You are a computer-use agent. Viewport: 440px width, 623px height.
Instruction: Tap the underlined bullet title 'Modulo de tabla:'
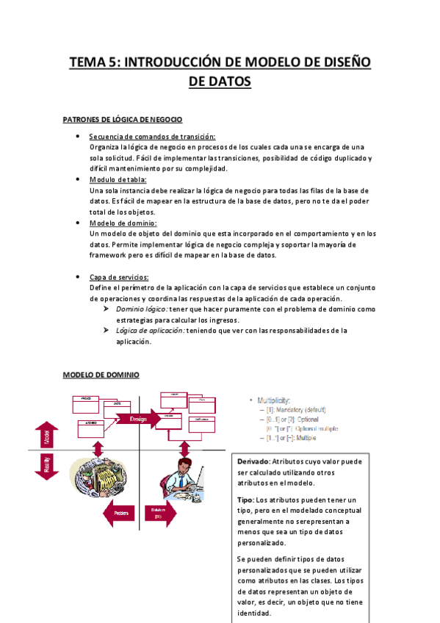coord(118,179)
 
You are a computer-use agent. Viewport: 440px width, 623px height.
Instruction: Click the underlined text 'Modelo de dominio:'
coord(123,223)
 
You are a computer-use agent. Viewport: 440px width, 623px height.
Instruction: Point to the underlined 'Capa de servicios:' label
coord(119,277)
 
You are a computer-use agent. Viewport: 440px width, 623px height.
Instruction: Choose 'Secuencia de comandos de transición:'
coord(152,137)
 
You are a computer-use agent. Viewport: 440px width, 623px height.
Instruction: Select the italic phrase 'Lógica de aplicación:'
coord(151,331)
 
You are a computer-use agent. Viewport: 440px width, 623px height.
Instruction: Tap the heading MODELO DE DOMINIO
coord(101,374)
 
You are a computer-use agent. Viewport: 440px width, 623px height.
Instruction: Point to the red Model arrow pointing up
coord(46,435)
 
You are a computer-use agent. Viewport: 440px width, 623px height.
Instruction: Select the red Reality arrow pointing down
coord(46,465)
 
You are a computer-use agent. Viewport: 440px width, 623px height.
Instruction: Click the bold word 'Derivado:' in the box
coord(254,461)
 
